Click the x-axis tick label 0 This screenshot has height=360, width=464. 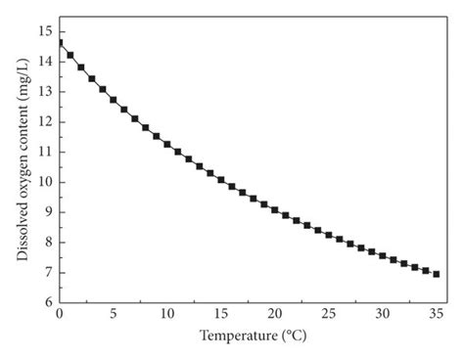(x=59, y=314)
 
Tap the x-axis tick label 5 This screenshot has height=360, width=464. (x=113, y=314)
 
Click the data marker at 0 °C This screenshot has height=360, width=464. (x=60, y=42)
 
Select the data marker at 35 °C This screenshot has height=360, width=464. (x=436, y=274)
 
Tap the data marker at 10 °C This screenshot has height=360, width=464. (x=166, y=144)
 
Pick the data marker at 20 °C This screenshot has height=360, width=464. (x=274, y=209)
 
